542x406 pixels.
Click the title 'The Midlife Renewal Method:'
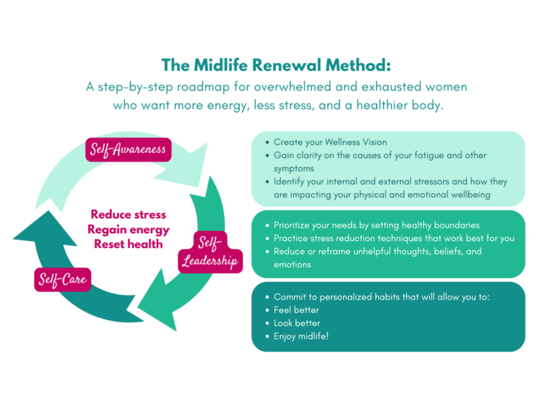coord(276,66)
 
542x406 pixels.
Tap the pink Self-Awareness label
coord(128,149)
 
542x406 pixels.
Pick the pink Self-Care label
coord(61,280)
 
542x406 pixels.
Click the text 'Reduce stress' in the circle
coord(128,214)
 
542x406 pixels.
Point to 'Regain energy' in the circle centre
coord(128,229)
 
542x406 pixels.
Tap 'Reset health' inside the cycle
coord(128,244)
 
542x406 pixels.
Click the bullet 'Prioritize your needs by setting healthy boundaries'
coord(376,225)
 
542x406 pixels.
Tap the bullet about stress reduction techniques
coord(394,238)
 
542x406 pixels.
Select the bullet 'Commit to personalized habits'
coord(381,297)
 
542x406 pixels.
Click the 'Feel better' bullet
coord(296,310)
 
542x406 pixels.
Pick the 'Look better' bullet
coord(296,324)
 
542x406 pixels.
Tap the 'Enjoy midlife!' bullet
coord(301,337)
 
